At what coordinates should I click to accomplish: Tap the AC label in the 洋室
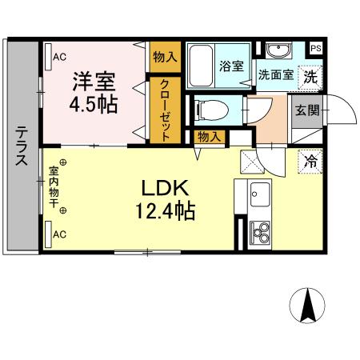click(59, 56)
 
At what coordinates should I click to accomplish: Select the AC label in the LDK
click(59, 234)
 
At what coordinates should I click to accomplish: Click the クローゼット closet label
click(164, 110)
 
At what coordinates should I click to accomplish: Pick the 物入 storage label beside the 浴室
click(164, 57)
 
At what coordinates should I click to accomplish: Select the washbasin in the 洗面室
click(281, 52)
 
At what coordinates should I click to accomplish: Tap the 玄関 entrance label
click(310, 110)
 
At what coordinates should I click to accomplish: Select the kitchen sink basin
click(260, 192)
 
